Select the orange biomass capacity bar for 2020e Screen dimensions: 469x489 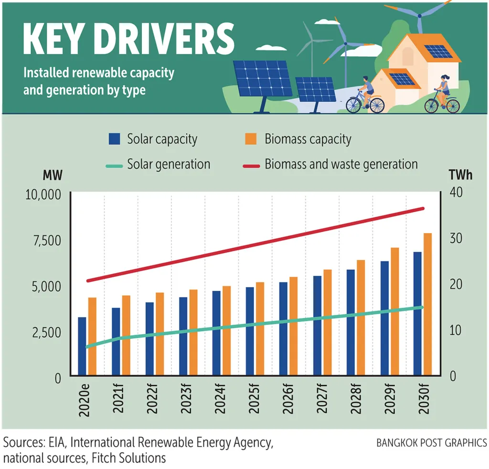coord(92,336)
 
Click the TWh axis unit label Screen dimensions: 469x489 coord(460,175)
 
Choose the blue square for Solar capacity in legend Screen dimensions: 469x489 coord(115,139)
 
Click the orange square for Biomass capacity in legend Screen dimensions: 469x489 coord(250,139)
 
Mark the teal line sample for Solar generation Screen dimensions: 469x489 coord(115,165)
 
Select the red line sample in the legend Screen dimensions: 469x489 coord(250,165)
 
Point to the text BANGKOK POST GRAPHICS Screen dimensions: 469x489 coord(432,443)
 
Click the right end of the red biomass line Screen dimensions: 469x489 coord(422,208)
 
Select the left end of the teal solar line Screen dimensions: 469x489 coord(87,347)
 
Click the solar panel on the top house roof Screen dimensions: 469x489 coord(437,51)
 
